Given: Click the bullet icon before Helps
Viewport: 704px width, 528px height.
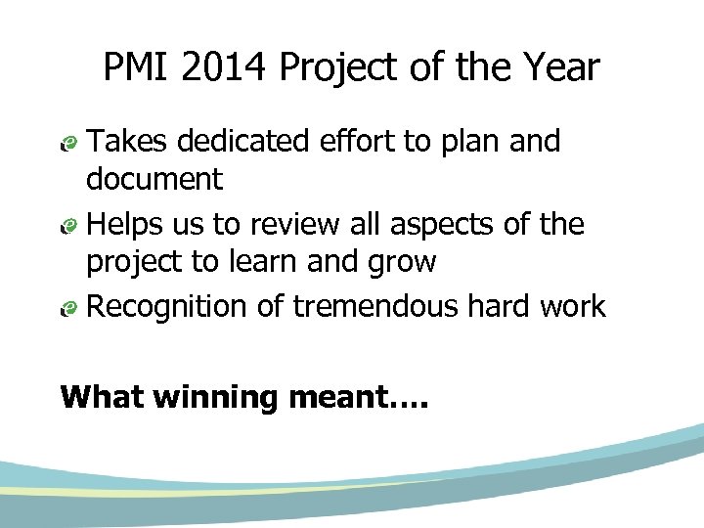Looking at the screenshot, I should (67, 227).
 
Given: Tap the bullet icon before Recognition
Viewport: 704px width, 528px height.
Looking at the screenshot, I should (67, 309).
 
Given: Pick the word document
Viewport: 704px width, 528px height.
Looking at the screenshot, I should (154, 180).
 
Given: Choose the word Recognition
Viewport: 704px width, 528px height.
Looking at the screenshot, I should (168, 308).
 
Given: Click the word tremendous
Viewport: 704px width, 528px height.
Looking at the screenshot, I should (375, 307).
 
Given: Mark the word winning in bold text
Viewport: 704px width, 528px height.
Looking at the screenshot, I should (210, 399).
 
